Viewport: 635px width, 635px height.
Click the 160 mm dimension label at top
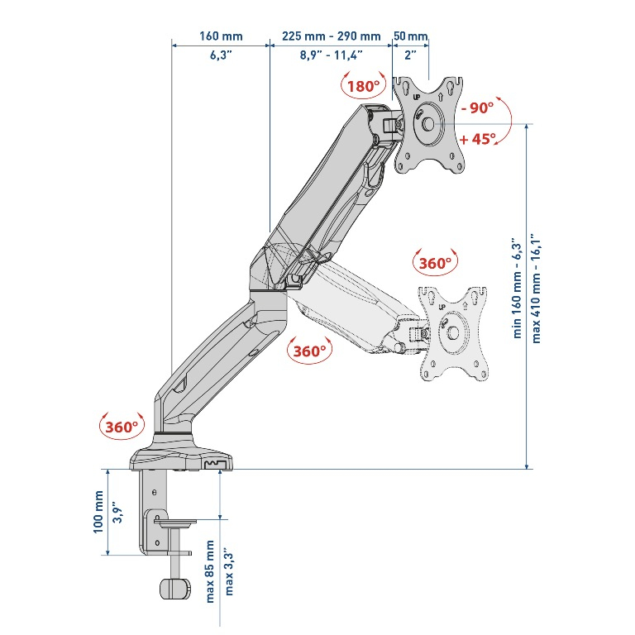pyautogui.click(x=221, y=36)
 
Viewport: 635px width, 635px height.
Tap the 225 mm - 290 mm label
pyautogui.click(x=331, y=36)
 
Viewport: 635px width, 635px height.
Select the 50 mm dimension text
pyautogui.click(x=410, y=36)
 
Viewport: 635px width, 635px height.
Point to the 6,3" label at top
pyautogui.click(x=221, y=55)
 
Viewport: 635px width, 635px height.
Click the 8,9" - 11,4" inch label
pyautogui.click(x=331, y=55)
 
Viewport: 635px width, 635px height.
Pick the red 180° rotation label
pyautogui.click(x=364, y=86)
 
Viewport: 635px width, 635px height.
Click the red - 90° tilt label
pyautogui.click(x=477, y=108)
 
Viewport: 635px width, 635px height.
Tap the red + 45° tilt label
pyautogui.click(x=478, y=139)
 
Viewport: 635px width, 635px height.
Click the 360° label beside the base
pyautogui.click(x=121, y=427)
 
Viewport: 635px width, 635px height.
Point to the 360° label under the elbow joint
pyautogui.click(x=308, y=351)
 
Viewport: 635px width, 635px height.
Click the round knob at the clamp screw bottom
pyautogui.click(x=174, y=588)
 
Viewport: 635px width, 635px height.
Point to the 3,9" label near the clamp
pyautogui.click(x=117, y=513)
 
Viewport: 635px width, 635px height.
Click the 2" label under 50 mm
pyautogui.click(x=410, y=55)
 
